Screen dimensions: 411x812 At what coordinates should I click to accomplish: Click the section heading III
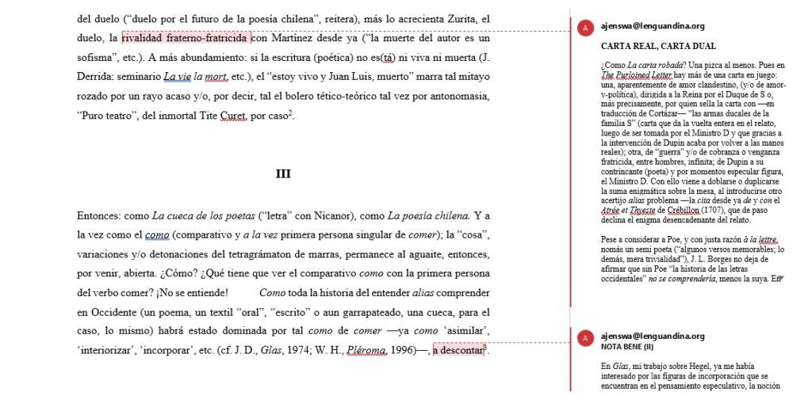point(283,174)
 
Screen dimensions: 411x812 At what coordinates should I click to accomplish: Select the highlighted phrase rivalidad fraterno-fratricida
point(185,37)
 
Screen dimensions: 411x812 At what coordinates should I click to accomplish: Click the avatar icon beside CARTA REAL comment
point(586,29)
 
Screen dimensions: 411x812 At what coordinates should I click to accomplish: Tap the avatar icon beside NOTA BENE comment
point(586,339)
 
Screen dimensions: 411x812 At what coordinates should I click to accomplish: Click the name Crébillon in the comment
point(686,210)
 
